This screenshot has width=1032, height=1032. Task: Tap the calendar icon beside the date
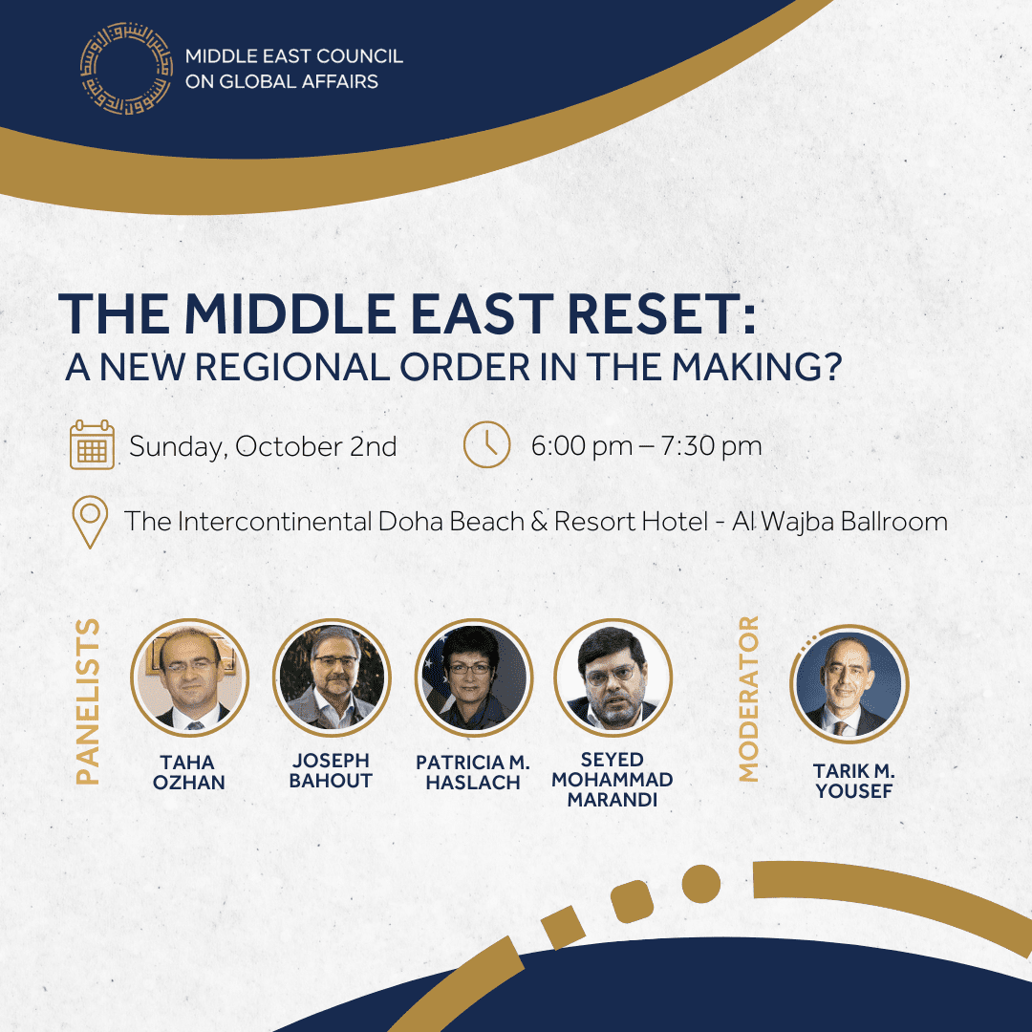92,445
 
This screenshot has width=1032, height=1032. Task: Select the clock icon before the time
487,444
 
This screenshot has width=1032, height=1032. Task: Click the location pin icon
90,522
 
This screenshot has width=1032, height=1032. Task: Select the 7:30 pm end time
712,446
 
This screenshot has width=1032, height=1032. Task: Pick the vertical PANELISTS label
88,701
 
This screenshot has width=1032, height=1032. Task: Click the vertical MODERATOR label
748,699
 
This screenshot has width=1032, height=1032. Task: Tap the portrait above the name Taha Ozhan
189,677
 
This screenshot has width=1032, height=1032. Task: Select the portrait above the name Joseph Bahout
332,677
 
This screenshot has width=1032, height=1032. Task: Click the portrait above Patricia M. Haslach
474,677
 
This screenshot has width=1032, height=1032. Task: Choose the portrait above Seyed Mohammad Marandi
613,677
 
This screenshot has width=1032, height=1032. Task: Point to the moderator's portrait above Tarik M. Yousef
849,683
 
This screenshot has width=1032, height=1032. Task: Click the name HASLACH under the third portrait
473,783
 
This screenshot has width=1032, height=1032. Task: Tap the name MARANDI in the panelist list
613,800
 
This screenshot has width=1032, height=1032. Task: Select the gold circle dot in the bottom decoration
701,883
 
